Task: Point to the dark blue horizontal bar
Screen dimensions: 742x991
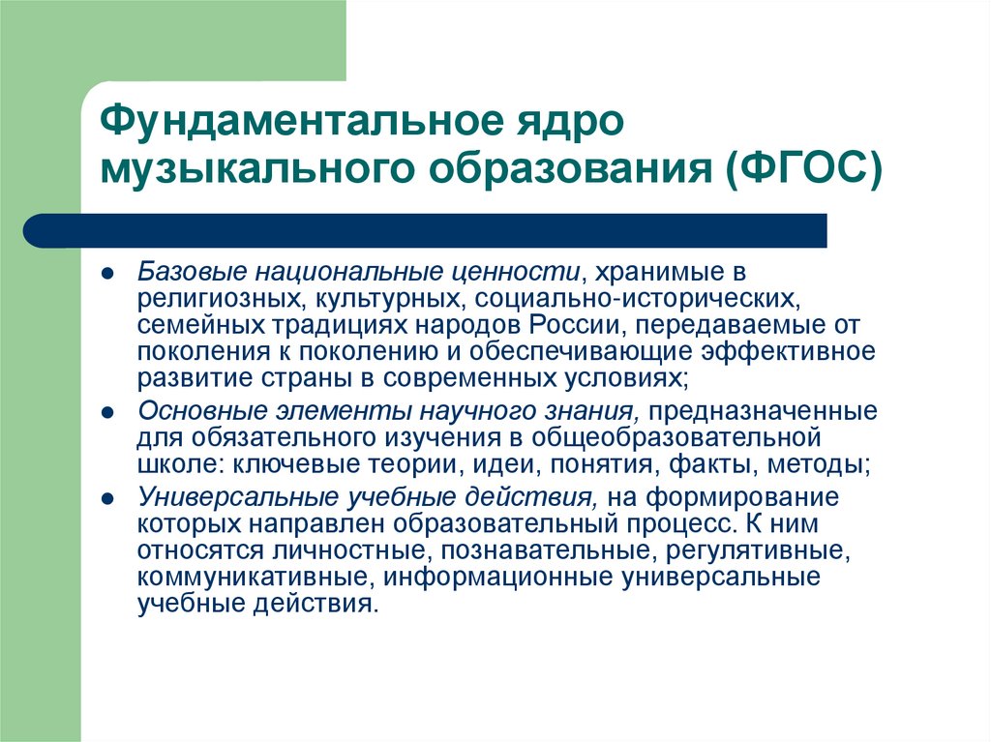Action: click(426, 231)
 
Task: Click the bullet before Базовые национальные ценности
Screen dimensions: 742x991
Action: click(111, 275)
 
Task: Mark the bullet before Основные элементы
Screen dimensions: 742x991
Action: click(111, 412)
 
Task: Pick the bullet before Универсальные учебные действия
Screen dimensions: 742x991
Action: click(111, 499)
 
